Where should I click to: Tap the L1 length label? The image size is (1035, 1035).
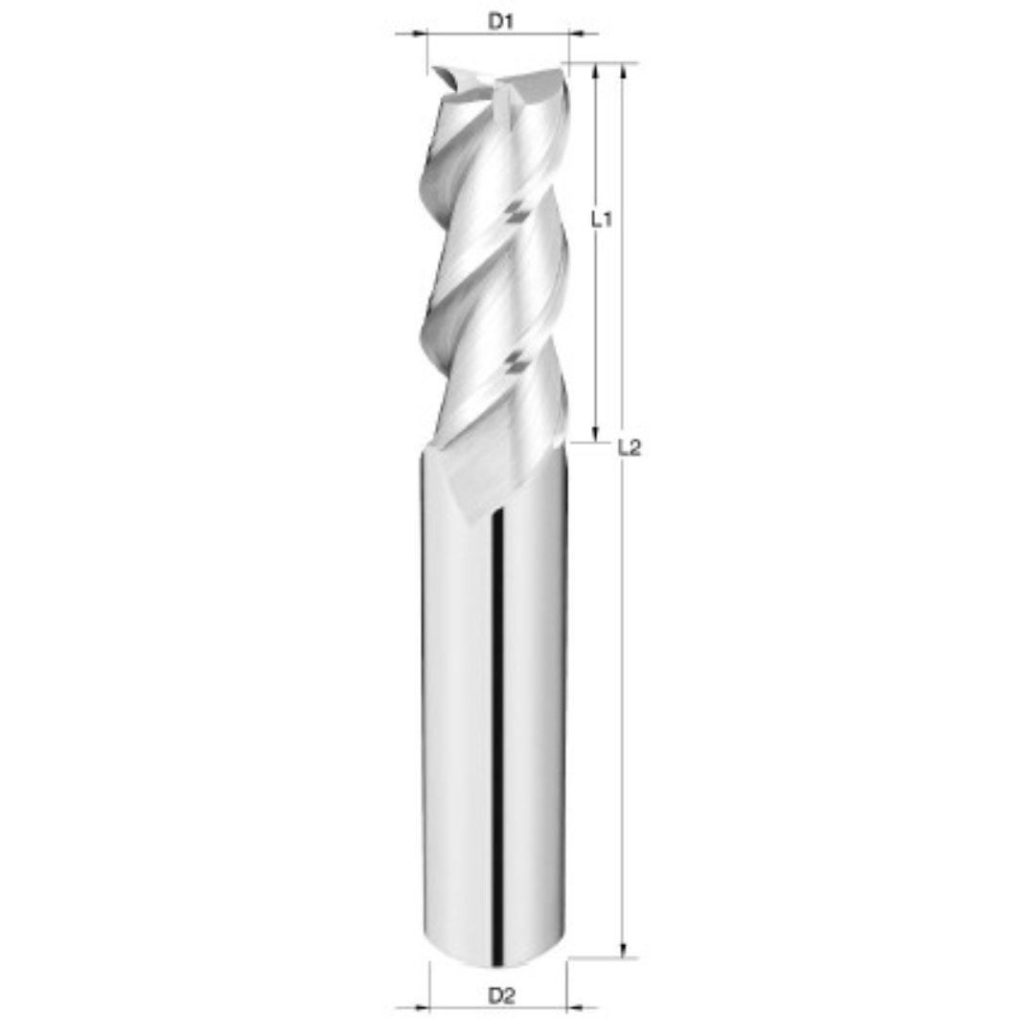(601, 219)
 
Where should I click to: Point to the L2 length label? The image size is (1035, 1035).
(629, 447)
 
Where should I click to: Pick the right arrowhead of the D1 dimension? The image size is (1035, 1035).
(576, 34)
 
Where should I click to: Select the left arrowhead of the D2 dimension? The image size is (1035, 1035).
(423, 1007)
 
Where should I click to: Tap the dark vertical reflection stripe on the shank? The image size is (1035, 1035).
(496, 728)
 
